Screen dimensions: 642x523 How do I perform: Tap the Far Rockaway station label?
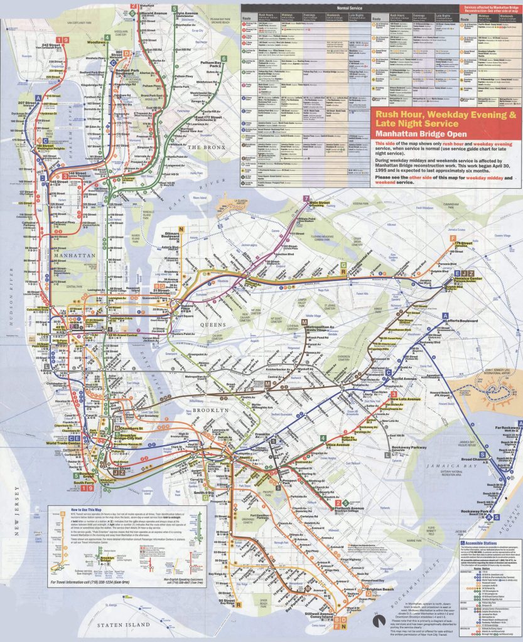(x=507, y=429)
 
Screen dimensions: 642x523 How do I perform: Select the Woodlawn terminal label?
(x=97, y=43)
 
